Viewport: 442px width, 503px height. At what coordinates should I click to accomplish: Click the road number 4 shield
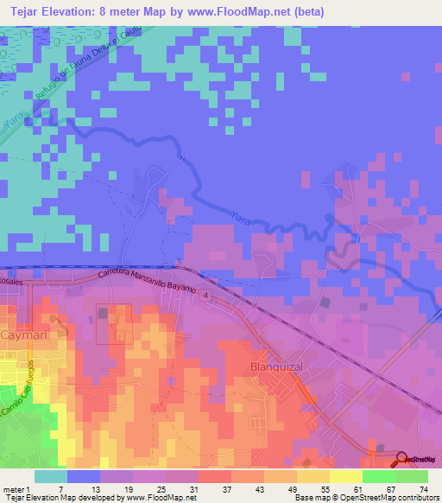207,296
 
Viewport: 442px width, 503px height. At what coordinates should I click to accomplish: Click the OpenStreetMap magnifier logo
403,458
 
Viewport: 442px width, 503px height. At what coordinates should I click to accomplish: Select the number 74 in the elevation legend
423,490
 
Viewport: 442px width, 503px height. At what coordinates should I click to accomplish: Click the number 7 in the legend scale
60,490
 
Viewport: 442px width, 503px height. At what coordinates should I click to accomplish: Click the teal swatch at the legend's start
51,476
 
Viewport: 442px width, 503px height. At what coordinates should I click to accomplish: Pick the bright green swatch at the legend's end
412,476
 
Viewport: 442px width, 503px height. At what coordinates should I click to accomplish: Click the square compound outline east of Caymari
114,324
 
